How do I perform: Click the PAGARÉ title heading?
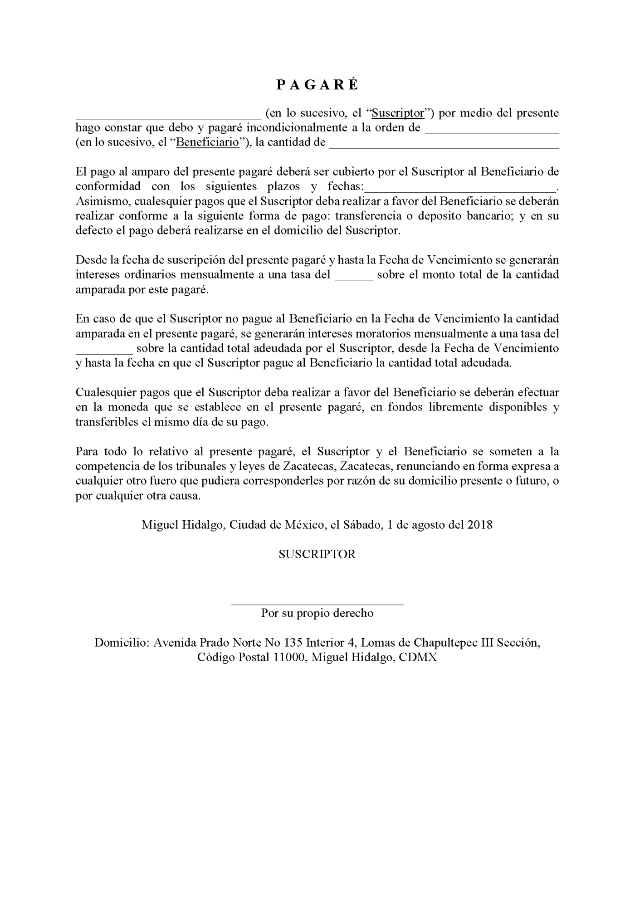tap(317, 85)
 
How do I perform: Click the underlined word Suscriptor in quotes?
tap(397, 113)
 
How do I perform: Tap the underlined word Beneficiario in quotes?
tap(208, 142)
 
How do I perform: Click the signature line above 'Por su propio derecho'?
tap(317, 604)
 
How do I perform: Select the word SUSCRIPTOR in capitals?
tap(317, 554)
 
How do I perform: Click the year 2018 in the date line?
tap(479, 525)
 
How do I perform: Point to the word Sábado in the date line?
tap(361, 525)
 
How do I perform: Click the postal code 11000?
tap(288, 658)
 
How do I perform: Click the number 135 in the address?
tap(293, 643)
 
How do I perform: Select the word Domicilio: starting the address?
tap(121, 643)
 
